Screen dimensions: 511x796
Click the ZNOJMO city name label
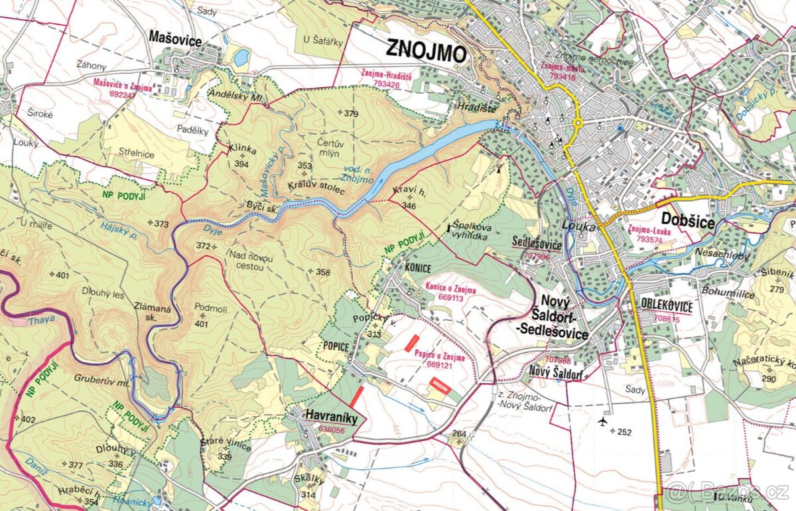427,51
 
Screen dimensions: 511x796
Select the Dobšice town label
688,221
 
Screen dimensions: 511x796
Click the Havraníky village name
332,417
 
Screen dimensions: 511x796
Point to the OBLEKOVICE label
667,307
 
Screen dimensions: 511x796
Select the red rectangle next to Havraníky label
357,397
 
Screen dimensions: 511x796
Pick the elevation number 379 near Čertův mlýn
351,113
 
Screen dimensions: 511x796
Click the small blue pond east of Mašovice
241,57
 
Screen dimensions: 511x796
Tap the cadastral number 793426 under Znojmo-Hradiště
386,85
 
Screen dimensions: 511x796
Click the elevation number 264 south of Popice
460,434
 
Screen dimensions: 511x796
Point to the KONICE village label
417,267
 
